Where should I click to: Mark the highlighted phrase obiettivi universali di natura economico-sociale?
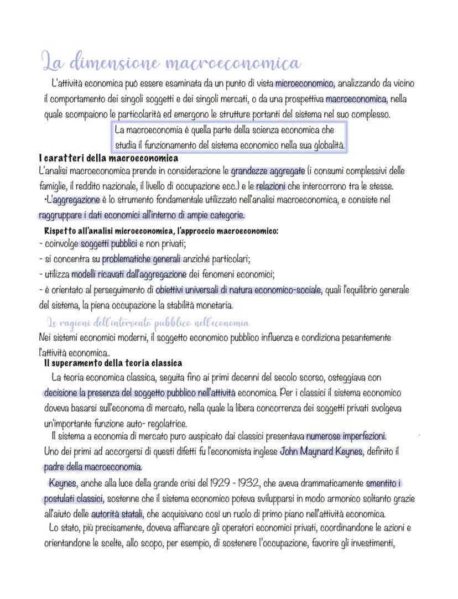point(238,289)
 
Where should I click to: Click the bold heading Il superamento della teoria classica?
point(113,363)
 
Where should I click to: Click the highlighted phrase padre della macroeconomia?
point(93,466)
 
